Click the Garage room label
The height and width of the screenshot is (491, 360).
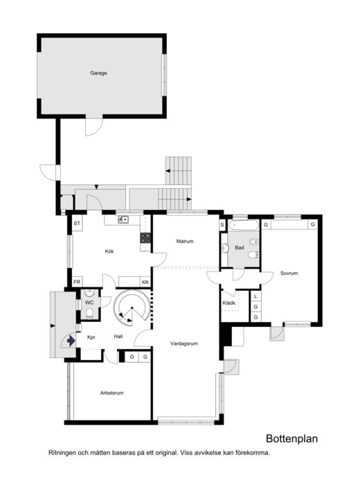(x=98, y=73)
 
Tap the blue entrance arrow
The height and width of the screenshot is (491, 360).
(x=71, y=341)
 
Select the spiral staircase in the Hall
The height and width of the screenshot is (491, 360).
(x=131, y=306)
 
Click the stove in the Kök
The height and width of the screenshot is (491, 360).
(x=145, y=238)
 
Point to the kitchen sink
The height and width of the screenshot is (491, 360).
(x=123, y=220)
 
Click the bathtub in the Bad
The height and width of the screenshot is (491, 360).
(x=243, y=225)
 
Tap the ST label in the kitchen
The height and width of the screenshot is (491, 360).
(x=77, y=224)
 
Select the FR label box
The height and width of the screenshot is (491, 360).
(x=77, y=282)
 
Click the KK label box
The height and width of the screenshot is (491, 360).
(x=145, y=282)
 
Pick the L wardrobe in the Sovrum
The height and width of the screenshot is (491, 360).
(x=255, y=296)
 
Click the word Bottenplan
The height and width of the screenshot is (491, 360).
(x=291, y=438)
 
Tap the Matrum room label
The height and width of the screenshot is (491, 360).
(x=185, y=241)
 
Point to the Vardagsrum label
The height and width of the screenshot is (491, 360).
(x=183, y=343)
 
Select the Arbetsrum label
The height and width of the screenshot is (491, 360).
(x=111, y=393)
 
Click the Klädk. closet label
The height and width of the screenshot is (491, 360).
(x=229, y=303)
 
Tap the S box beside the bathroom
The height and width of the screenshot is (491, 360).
(x=222, y=225)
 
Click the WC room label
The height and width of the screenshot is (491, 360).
(x=89, y=303)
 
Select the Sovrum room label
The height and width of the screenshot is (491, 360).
(x=289, y=273)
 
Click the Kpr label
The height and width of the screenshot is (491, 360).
(x=91, y=337)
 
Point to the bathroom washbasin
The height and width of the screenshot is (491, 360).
(x=225, y=249)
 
